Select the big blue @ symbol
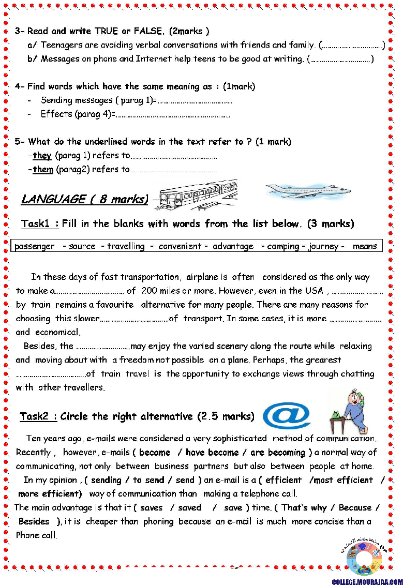tap(287, 416)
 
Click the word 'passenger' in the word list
tap(35, 246)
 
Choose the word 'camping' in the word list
tap(283, 246)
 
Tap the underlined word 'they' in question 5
tap(42, 156)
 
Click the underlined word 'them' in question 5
tap(43, 169)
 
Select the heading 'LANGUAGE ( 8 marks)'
tap(84, 199)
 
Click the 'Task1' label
tap(39, 224)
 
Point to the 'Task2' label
tap(38, 416)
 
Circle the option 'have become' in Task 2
tap(212, 453)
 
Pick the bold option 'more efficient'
tap(50, 493)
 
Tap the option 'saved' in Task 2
tap(190, 507)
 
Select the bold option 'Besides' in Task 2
tap(34, 521)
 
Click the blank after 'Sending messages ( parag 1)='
tap(195, 101)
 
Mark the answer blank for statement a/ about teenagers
tap(352, 46)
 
